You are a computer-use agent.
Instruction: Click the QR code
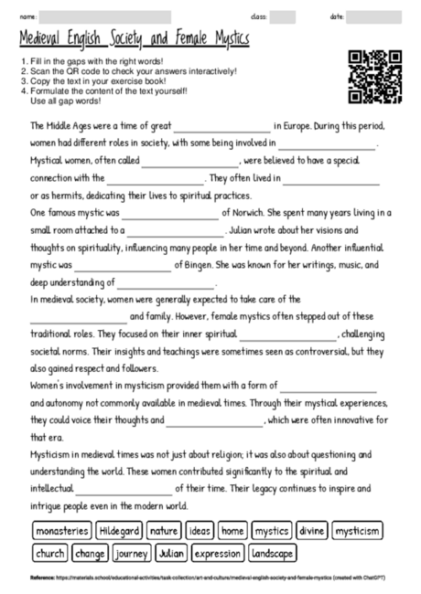tap(375, 77)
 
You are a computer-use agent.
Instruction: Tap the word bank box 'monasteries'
tap(62, 530)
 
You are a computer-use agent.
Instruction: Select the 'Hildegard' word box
tap(119, 530)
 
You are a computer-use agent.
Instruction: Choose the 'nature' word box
tap(163, 530)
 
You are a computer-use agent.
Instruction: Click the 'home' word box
tap(232, 530)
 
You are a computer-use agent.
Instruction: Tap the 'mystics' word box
tap(271, 530)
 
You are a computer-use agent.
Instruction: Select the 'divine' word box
tap(312, 530)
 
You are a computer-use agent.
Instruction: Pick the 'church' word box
tap(50, 554)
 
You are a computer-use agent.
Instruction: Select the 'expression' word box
tap(218, 554)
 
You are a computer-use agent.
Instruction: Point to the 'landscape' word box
tap(273, 554)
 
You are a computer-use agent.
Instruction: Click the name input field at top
tap(104, 16)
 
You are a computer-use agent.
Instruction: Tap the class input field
tap(282, 16)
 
